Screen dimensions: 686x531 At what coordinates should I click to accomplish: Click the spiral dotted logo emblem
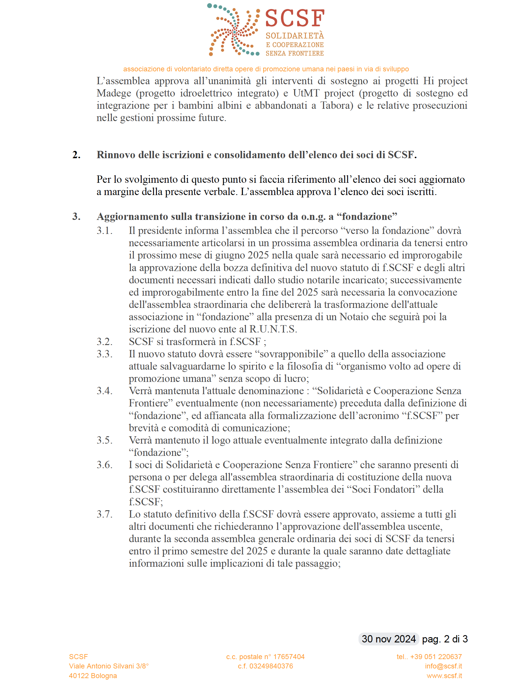233,30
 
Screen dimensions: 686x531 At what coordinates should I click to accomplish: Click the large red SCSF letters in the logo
294,18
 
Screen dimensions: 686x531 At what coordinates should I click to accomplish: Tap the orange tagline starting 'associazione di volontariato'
266,69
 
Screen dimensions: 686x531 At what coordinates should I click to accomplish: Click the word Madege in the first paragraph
114,93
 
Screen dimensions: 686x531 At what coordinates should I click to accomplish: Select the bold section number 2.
76,155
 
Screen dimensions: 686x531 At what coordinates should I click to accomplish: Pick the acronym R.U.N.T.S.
273,329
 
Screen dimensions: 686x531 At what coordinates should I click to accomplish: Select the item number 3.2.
105,342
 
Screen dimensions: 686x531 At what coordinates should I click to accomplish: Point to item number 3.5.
105,440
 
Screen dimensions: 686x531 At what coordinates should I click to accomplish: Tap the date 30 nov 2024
388,639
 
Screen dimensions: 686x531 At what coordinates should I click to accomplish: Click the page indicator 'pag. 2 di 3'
445,639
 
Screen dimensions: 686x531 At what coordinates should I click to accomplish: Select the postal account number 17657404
289,657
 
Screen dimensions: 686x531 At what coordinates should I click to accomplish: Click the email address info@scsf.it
443,666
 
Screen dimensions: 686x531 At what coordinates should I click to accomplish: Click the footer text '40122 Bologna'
93,676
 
